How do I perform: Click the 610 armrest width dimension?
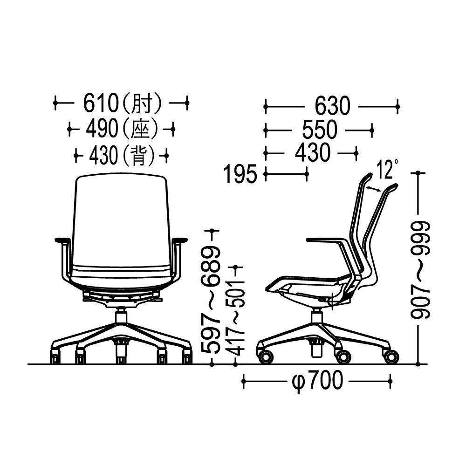point(101,103)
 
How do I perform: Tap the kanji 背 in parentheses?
point(138,156)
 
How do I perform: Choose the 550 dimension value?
point(320,130)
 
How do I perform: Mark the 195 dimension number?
point(240,174)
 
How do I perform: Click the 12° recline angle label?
point(387,169)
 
